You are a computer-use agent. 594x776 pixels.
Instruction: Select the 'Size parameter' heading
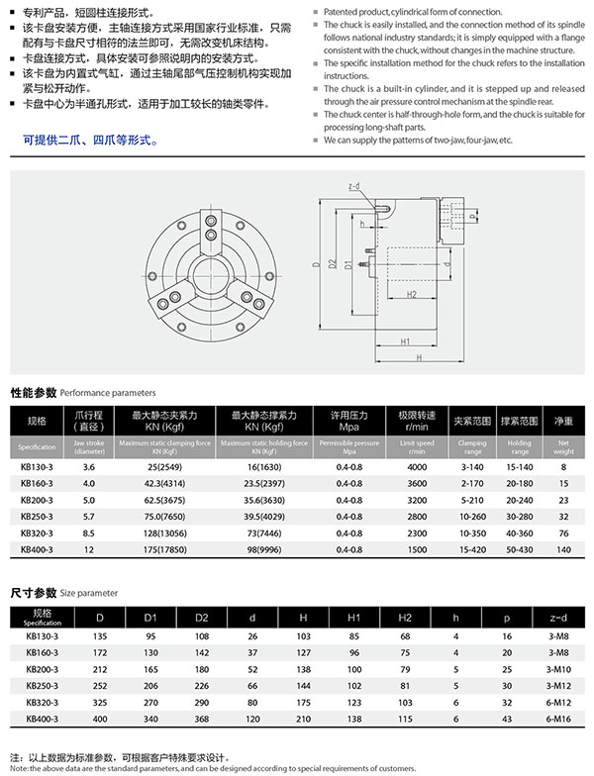coord(90,593)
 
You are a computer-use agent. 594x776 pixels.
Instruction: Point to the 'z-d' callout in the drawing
coord(354,186)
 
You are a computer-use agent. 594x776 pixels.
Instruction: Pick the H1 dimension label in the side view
coord(405,340)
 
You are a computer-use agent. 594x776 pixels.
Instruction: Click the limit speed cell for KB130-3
coord(416,465)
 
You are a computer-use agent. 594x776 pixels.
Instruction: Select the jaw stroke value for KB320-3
coord(89,533)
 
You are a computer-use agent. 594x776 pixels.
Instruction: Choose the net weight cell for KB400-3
coord(563,549)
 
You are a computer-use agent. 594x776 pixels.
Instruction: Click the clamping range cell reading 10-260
coord(472,516)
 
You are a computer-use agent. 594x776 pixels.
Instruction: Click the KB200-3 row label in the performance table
coord(38,499)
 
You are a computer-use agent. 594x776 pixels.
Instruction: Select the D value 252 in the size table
coord(99,685)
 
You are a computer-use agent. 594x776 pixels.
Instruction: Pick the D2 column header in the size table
coord(203,618)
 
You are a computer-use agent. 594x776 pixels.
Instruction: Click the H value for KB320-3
coord(304,702)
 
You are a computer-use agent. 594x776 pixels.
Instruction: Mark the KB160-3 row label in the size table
coord(43,652)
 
